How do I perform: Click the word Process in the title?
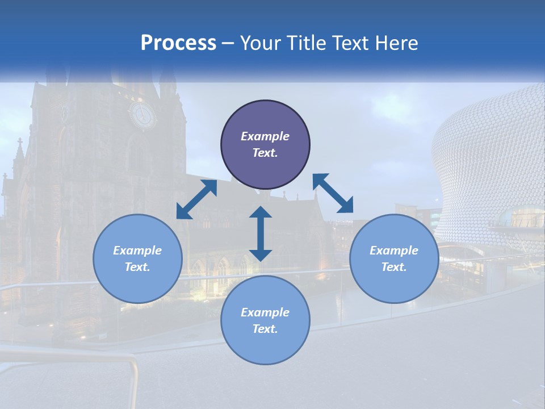click(178, 43)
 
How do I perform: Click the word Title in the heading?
click(308, 43)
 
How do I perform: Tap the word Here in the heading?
click(396, 43)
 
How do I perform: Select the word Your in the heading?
click(262, 43)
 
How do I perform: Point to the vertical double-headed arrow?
click(261, 233)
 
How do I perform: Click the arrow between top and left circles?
click(197, 199)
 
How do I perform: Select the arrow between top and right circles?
click(333, 193)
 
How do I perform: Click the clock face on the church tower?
click(142, 115)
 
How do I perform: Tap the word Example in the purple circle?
click(265, 136)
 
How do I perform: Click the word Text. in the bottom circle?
click(265, 329)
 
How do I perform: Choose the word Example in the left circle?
click(137, 251)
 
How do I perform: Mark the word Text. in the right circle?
click(394, 267)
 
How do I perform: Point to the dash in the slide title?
click(228, 43)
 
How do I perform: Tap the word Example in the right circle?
click(394, 251)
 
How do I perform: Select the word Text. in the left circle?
click(137, 267)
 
